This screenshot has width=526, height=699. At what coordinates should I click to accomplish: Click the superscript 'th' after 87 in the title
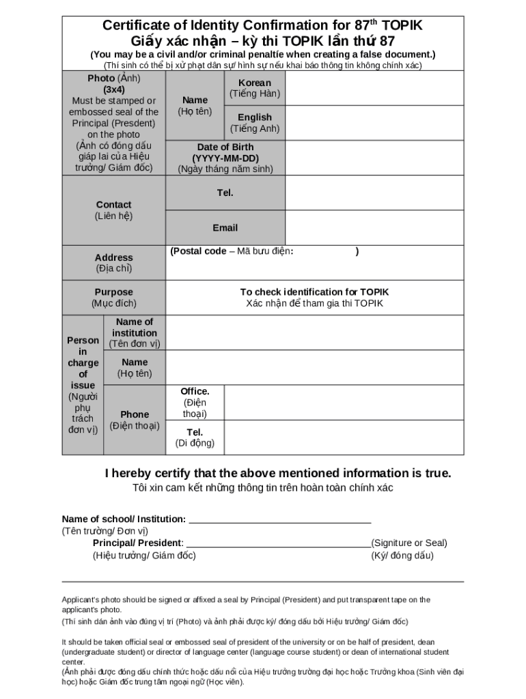coord(374,22)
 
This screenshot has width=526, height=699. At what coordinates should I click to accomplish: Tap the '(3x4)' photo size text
coord(114,89)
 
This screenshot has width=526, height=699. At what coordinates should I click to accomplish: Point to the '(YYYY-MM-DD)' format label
coord(225,158)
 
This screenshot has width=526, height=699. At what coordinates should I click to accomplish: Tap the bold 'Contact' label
coord(114,204)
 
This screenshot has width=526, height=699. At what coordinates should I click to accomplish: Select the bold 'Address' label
coord(114,257)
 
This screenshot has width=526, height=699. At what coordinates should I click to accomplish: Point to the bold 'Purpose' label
coord(114,292)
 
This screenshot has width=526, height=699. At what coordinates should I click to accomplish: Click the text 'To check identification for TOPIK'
coord(314,292)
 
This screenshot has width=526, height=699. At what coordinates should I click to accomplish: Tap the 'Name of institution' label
coord(135,328)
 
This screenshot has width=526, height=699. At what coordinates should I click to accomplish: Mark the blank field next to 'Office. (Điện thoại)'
coord(344,403)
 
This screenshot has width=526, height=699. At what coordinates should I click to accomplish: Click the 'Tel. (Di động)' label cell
coord(195,438)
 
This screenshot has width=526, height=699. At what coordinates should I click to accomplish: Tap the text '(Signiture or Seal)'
coord(409,543)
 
